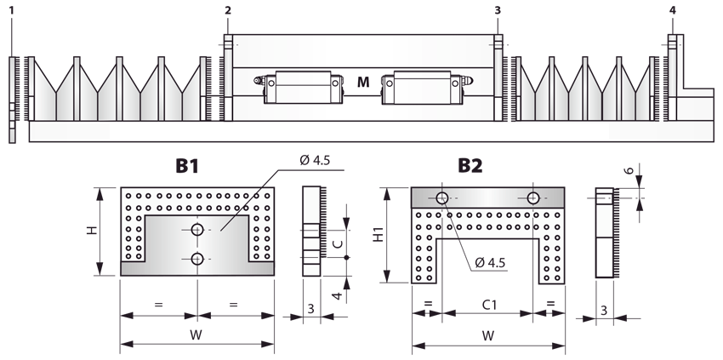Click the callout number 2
point(227,9)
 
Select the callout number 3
point(497,9)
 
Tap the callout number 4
point(672,9)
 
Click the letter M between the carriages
point(363,83)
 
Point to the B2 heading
point(470,166)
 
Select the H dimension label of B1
point(94,231)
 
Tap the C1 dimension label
point(487,302)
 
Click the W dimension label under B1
point(196,334)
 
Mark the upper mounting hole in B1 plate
point(197,230)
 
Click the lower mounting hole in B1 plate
point(197,259)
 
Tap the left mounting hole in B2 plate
point(442,198)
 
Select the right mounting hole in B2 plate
point(532,198)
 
